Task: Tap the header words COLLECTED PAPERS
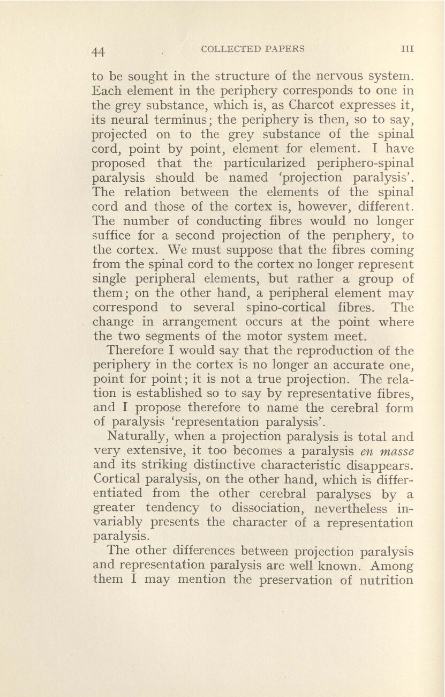(252, 49)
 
